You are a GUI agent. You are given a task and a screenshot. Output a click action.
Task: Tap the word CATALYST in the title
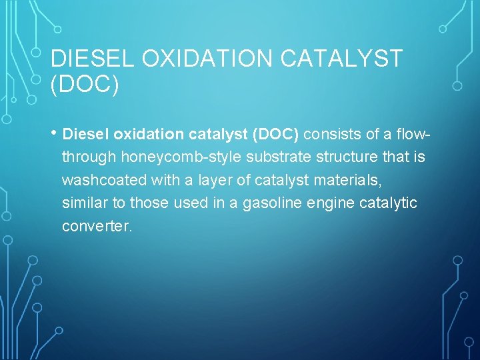click(x=341, y=59)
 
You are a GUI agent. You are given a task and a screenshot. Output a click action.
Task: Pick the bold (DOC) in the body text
click(x=277, y=135)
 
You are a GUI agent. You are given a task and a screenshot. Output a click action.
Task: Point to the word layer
click(x=197, y=180)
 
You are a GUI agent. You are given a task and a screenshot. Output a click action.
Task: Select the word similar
click(x=86, y=203)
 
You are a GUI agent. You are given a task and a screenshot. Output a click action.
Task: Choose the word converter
click(x=97, y=226)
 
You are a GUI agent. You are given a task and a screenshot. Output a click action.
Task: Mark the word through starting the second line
click(x=89, y=157)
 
